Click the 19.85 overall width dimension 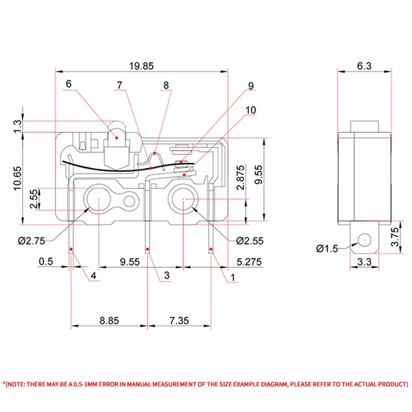(x=141, y=66)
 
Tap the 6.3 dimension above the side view (x=364, y=66)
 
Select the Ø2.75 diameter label (x=32, y=241)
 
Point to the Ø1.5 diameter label (x=327, y=248)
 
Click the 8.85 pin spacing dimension (x=109, y=321)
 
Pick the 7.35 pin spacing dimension (x=179, y=321)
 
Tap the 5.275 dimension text (x=249, y=262)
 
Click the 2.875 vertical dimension (x=240, y=178)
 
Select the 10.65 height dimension (x=17, y=178)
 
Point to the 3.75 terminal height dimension (x=395, y=237)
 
